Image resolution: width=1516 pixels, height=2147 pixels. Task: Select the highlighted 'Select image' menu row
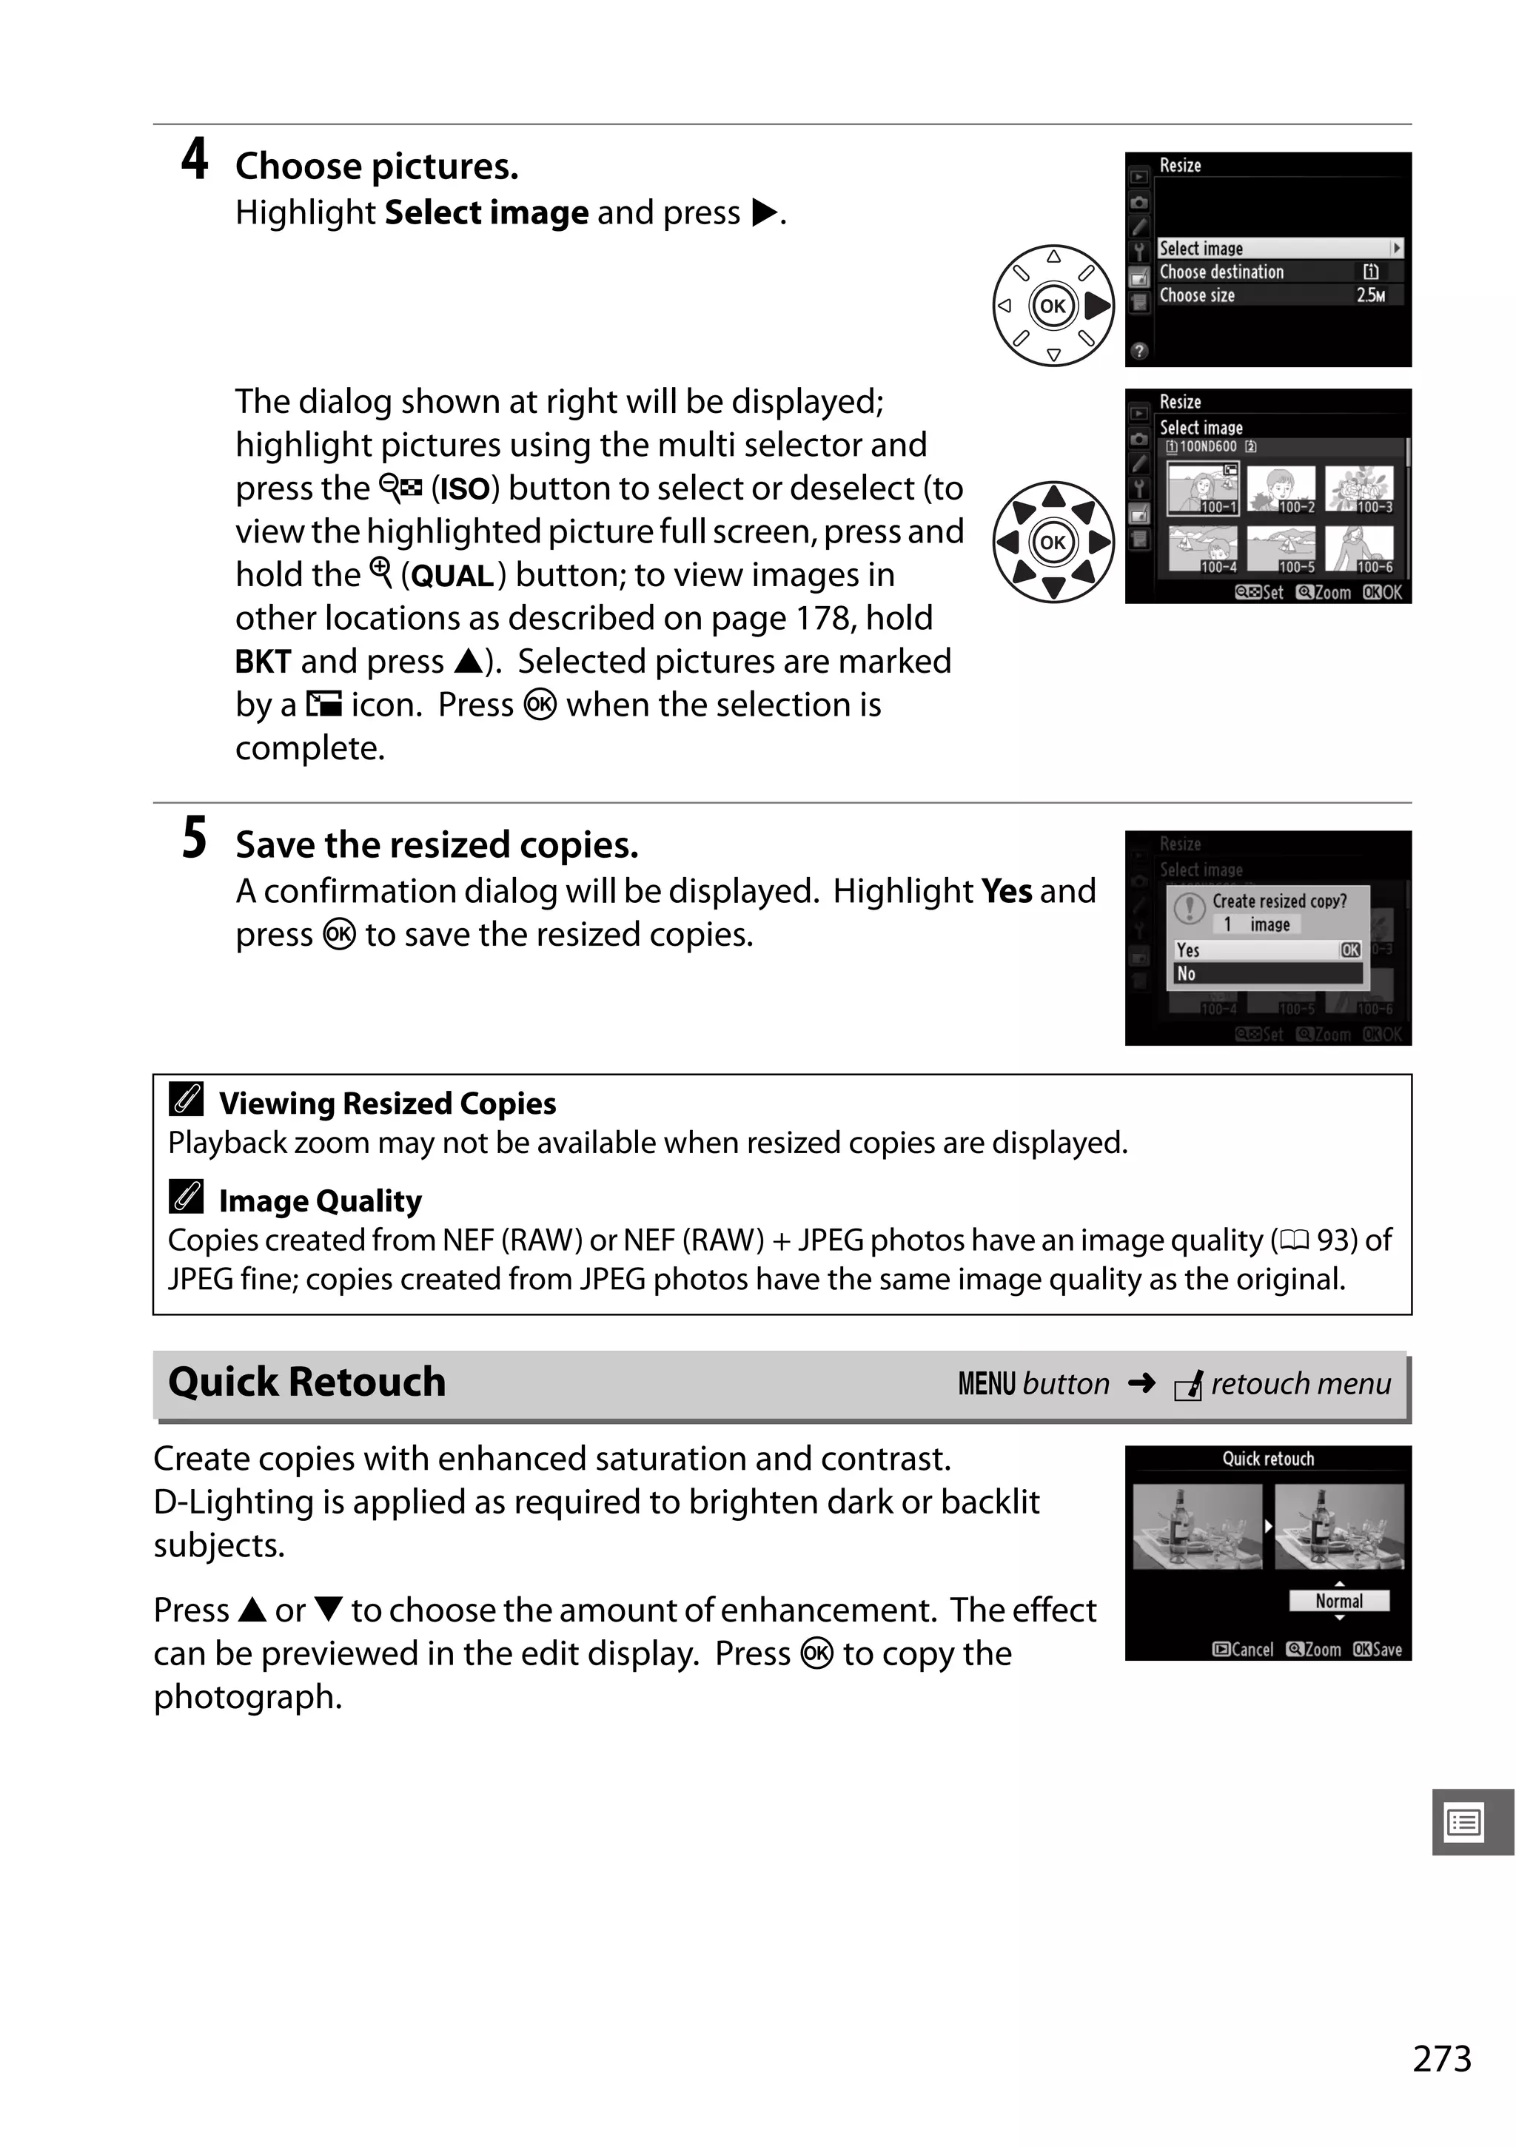[x=1278, y=248]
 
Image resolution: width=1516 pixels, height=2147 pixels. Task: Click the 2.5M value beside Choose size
[x=1370, y=295]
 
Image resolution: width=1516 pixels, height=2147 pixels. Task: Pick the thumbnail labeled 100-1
[x=1203, y=489]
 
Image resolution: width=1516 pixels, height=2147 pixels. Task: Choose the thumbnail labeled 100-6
[x=1360, y=549]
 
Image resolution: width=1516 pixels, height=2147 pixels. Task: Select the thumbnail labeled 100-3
[x=1360, y=489]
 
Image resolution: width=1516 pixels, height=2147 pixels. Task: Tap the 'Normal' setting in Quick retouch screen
[x=1338, y=1601]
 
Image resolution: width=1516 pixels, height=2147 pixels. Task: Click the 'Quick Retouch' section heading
[x=306, y=1382]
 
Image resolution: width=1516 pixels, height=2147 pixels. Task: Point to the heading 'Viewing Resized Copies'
[x=387, y=1103]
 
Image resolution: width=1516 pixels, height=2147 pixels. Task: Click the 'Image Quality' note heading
[x=320, y=1200]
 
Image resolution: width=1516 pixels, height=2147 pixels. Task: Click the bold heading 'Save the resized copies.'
[x=437, y=844]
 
